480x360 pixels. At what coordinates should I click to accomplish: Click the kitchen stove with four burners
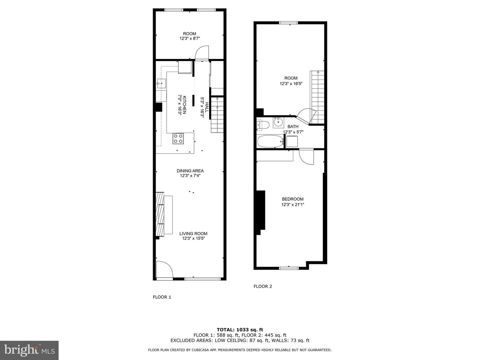(178, 139)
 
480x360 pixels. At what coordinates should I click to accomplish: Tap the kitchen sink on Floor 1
(161, 84)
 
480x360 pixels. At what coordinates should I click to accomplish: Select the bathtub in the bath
(270, 142)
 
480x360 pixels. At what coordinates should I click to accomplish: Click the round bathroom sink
(278, 123)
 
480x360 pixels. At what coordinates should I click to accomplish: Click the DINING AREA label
(190, 171)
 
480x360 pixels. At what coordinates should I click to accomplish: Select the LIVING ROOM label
(193, 233)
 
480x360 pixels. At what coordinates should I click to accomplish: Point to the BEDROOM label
(293, 199)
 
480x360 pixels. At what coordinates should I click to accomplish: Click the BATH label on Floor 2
(293, 127)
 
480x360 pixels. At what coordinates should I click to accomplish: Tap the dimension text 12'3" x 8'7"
(190, 38)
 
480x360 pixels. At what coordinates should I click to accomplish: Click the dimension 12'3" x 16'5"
(291, 83)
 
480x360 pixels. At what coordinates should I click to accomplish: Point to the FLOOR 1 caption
(162, 297)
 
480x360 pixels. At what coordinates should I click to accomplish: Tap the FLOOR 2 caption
(263, 286)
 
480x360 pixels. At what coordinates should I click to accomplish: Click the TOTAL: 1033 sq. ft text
(240, 330)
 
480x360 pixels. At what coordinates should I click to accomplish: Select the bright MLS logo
(29, 350)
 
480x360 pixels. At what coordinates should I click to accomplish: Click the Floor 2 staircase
(317, 97)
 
